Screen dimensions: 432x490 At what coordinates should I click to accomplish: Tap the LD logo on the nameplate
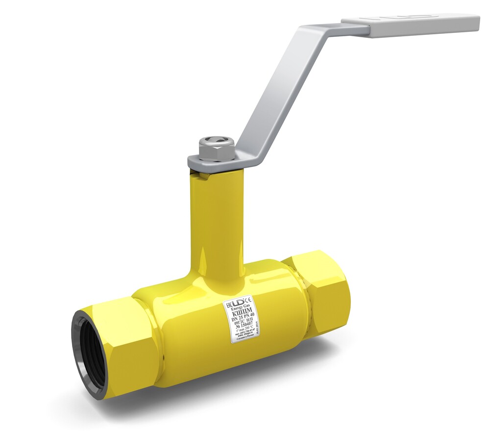click(238, 302)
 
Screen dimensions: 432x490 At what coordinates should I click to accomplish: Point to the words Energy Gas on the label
click(240, 307)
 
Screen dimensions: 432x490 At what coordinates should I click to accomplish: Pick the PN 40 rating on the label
click(251, 316)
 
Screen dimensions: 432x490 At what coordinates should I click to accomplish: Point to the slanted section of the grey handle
click(274, 93)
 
